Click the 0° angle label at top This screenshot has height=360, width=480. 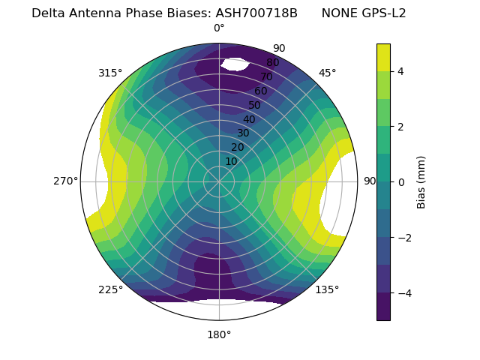(x=219, y=28)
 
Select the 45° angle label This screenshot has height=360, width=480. (x=327, y=73)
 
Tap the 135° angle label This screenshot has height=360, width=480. (x=327, y=289)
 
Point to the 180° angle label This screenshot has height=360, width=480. (x=219, y=334)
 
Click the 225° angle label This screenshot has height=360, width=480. (x=110, y=289)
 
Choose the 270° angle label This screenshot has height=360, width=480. (x=65, y=181)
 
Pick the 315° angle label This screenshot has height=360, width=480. (x=110, y=73)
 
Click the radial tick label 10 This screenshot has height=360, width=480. (x=231, y=161)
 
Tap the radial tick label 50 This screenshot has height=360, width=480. (x=255, y=106)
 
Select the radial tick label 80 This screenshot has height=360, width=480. (x=273, y=63)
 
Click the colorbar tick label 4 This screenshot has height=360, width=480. (x=400, y=71)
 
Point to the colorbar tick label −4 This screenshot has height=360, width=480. (x=403, y=292)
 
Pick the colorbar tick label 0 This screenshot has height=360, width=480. (x=400, y=182)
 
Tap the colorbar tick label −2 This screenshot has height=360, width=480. (x=403, y=238)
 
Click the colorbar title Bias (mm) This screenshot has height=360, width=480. (x=421, y=182)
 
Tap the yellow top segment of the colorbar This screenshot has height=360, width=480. (x=383, y=57)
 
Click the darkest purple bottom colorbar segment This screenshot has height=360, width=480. (x=383, y=306)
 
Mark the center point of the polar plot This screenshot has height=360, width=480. (x=219, y=181)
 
